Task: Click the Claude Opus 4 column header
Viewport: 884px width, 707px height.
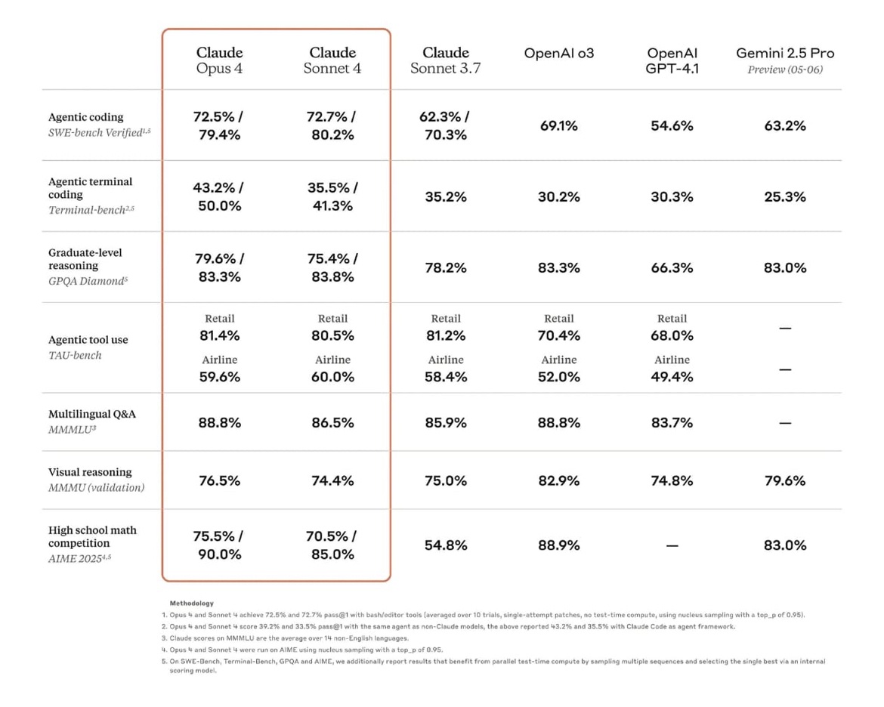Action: point(219,60)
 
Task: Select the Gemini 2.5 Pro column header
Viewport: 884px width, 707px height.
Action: point(785,60)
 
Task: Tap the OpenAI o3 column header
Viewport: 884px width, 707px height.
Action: point(558,53)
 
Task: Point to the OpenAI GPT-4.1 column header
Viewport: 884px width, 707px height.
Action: point(672,60)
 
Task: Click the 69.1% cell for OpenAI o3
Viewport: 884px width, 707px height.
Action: point(558,125)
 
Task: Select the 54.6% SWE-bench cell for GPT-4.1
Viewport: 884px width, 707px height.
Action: point(672,125)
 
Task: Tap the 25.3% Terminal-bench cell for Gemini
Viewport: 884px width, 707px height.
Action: point(785,196)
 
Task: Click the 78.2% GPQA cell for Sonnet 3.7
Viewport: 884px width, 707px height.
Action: point(445,268)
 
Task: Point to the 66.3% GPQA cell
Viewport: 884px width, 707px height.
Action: point(672,268)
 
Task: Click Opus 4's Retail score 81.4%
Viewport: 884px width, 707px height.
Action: point(219,335)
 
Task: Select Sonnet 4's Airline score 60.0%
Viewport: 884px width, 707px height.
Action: point(332,377)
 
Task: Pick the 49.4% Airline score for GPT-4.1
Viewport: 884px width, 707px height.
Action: point(672,377)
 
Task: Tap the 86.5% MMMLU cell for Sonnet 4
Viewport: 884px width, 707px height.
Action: point(332,423)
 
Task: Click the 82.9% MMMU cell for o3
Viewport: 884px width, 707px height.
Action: point(558,481)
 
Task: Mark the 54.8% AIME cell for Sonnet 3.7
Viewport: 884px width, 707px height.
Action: point(445,545)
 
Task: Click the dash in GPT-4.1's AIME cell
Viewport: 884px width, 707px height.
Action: point(672,546)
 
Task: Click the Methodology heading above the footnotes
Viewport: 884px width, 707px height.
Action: point(192,604)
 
